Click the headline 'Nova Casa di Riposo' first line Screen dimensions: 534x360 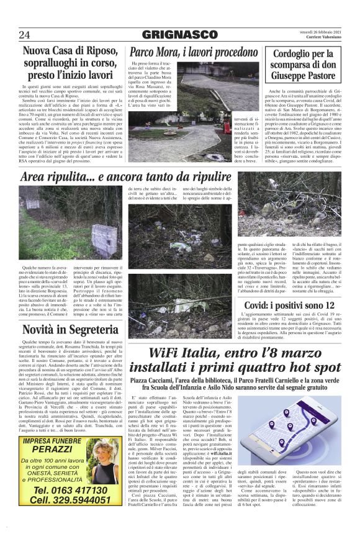[68, 53]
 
